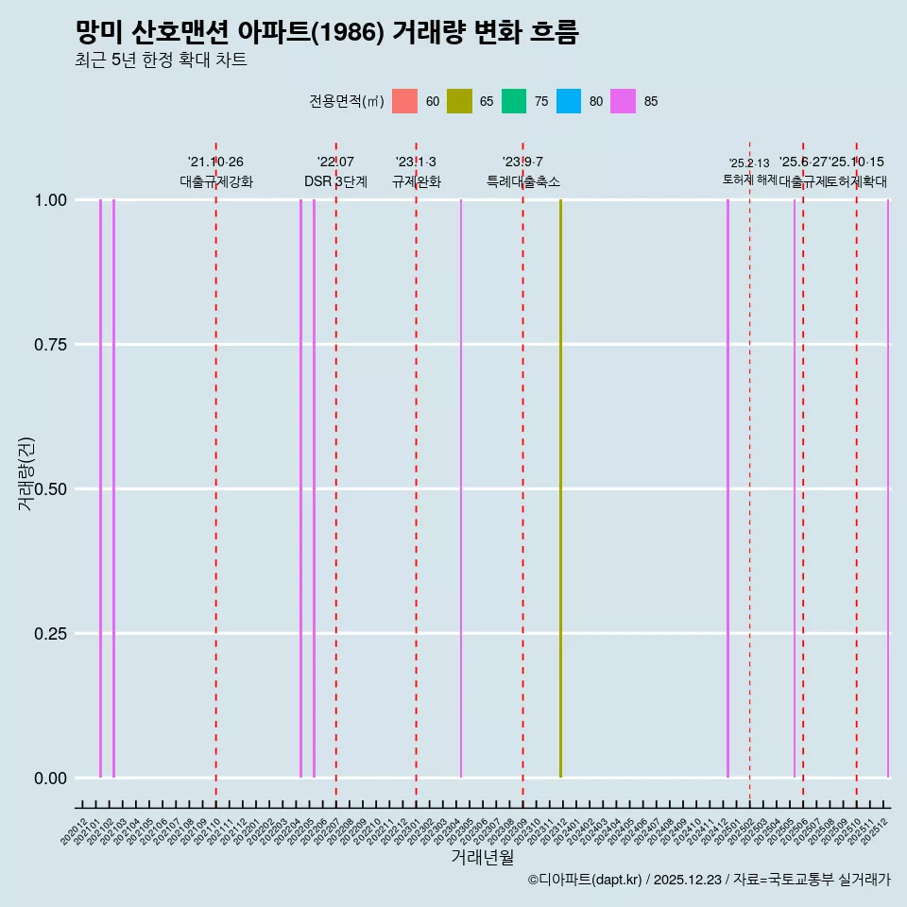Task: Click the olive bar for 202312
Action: click(560, 488)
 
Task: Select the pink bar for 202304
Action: click(461, 488)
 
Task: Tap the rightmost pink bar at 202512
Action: click(887, 488)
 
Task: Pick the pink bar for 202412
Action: click(727, 488)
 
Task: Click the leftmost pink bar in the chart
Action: click(100, 488)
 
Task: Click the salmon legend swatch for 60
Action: click(404, 101)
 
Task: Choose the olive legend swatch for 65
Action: click(459, 101)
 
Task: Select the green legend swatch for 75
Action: click(514, 101)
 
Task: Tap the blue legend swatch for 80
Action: click(569, 101)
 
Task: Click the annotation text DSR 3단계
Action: click(335, 181)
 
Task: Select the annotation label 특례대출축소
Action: click(523, 181)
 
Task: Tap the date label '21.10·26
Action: click(215, 163)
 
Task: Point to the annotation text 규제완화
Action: click(416, 181)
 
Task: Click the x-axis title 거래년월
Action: click(482, 857)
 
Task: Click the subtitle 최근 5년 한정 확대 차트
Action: click(161, 60)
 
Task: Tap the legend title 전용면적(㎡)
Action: click(346, 101)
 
